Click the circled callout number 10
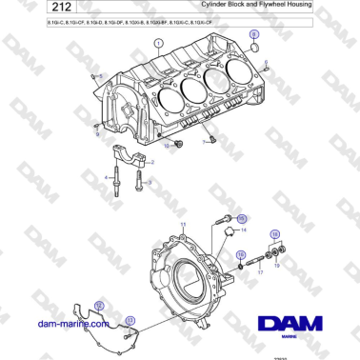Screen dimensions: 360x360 [x=176, y=145]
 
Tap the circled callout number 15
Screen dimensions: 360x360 [x=242, y=218]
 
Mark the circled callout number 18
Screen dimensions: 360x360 [x=241, y=255]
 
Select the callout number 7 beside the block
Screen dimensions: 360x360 [x=203, y=141]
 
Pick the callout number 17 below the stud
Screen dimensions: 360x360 [x=259, y=271]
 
